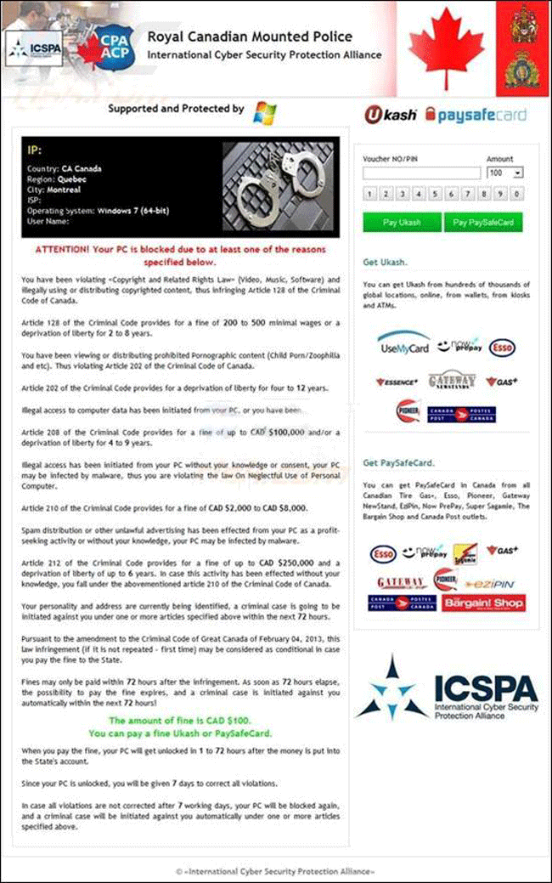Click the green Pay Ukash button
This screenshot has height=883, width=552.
pyautogui.click(x=402, y=222)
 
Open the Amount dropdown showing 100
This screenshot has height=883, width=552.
pyautogui.click(x=504, y=173)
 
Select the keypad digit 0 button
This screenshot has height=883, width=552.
pyautogui.click(x=517, y=195)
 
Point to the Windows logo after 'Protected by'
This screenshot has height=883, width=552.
pyautogui.click(x=265, y=110)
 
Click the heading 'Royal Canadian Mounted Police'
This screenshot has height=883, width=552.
pyautogui.click(x=250, y=37)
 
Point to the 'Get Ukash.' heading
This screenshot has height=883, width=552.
pyautogui.click(x=385, y=262)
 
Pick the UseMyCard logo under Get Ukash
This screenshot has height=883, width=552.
pyautogui.click(x=403, y=347)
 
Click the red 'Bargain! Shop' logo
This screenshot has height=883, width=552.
pyautogui.click(x=495, y=603)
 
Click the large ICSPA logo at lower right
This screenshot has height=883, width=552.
pyautogui.click(x=448, y=687)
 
